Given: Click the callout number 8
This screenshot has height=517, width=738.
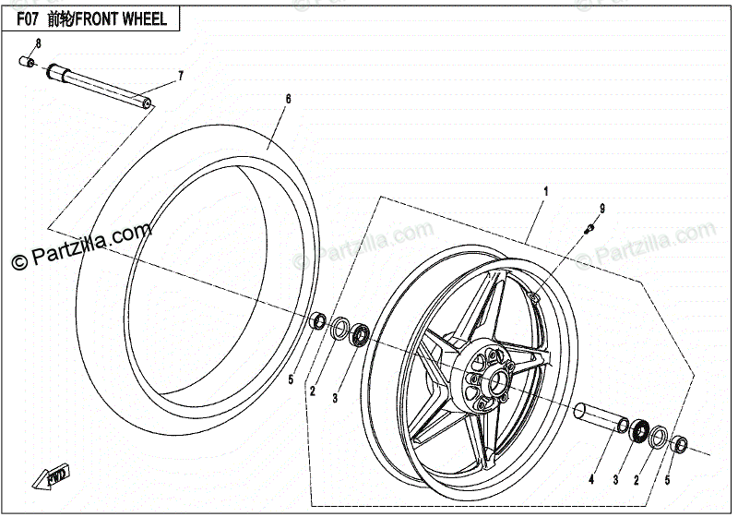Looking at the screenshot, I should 39,44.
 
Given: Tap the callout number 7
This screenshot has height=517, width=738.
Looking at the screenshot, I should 181,75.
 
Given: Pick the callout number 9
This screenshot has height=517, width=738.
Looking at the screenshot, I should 602,208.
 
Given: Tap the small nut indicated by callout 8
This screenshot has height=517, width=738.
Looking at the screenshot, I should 27,63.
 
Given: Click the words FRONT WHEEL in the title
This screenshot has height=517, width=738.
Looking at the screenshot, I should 133,18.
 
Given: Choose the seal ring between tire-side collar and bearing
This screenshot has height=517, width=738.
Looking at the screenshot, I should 339,327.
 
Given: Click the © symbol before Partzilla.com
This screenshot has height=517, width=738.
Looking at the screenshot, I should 18,263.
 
